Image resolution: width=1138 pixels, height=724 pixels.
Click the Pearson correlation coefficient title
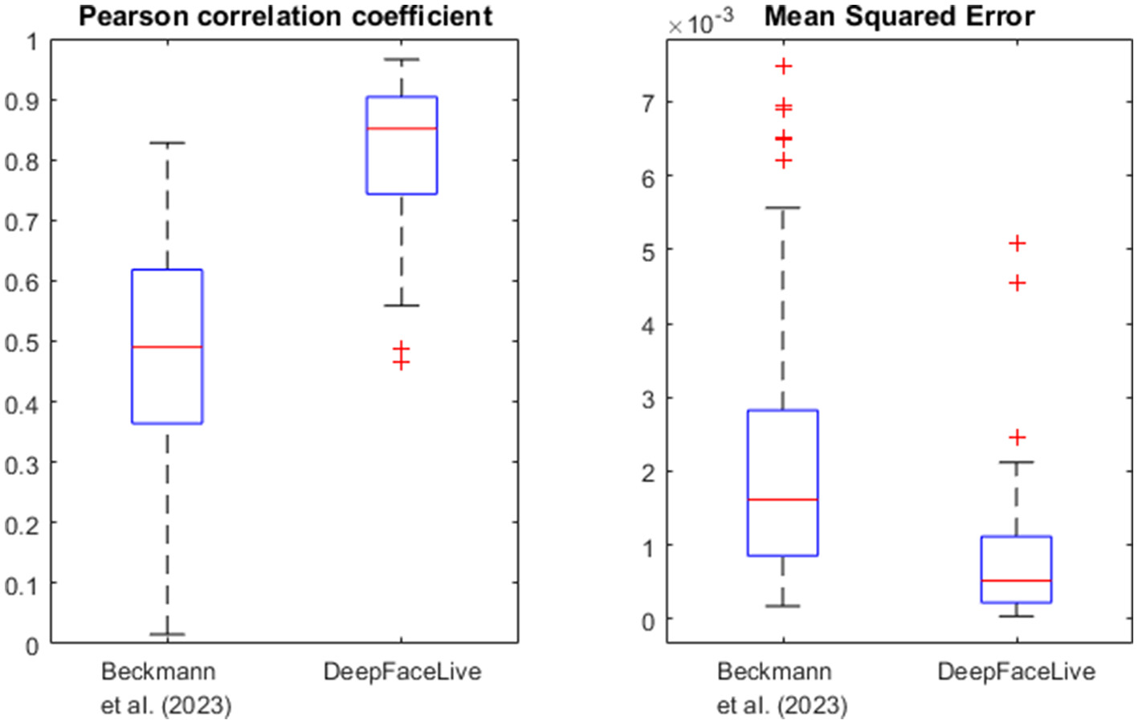pyautogui.click(x=285, y=16)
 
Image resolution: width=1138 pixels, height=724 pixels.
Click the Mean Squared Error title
pyautogui.click(x=899, y=16)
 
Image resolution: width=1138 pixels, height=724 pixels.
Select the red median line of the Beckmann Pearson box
pyautogui.click(x=167, y=347)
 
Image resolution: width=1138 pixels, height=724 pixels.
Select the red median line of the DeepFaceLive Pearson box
pyautogui.click(x=402, y=129)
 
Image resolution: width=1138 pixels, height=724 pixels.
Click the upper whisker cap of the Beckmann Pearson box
pyautogui.click(x=167, y=143)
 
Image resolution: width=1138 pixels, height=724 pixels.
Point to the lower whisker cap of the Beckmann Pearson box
pyautogui.click(x=167, y=634)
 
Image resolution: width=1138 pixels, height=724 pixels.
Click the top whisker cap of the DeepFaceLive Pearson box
pyautogui.click(x=402, y=59)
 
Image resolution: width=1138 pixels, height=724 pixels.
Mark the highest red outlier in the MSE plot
pyautogui.click(x=783, y=66)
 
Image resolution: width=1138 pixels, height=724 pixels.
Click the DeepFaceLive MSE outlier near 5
pyautogui.click(x=1017, y=243)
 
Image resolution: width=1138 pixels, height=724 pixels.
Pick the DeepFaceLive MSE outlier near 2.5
pyautogui.click(x=1017, y=437)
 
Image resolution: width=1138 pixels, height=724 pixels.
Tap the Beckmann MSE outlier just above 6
pyautogui.click(x=783, y=161)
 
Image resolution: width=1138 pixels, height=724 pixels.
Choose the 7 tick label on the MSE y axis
pyautogui.click(x=648, y=103)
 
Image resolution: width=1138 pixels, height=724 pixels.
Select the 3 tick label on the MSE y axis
pyautogui.click(x=648, y=399)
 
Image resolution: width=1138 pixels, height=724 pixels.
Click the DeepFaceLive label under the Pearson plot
pyautogui.click(x=402, y=672)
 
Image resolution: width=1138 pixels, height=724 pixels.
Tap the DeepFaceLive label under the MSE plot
pyautogui.click(x=1016, y=672)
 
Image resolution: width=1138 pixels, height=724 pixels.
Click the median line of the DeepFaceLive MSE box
pyautogui.click(x=1017, y=580)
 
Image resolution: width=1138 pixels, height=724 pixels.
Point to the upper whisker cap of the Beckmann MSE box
pyautogui.click(x=783, y=207)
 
